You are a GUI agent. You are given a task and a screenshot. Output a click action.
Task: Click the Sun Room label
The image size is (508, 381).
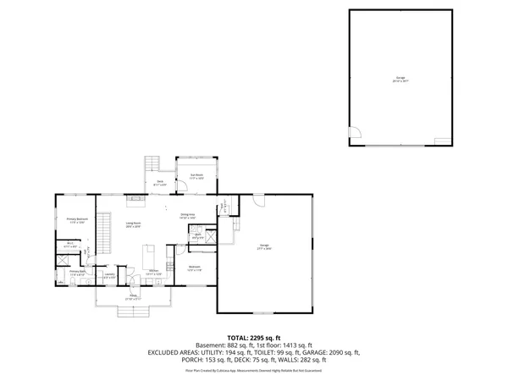point(196,177)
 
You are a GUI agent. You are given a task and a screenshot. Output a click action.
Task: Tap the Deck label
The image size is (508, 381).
point(159,182)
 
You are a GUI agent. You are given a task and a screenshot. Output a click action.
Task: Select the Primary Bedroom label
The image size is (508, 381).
point(78,221)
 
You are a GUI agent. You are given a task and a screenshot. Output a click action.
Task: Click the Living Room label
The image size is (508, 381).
point(134,226)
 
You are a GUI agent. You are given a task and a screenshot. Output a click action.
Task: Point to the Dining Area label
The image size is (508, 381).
point(187,216)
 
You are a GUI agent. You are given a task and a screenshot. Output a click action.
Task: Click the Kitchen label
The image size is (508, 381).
point(152,273)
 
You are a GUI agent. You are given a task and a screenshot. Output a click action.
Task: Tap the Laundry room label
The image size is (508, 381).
point(109,275)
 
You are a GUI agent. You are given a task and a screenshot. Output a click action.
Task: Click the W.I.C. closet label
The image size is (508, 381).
point(69,246)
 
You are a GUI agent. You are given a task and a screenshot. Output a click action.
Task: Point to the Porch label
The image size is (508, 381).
point(132,298)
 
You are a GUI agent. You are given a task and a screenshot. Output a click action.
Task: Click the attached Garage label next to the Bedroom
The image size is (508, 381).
point(264,248)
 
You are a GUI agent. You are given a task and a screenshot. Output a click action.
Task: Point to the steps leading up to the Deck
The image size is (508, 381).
point(153,163)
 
